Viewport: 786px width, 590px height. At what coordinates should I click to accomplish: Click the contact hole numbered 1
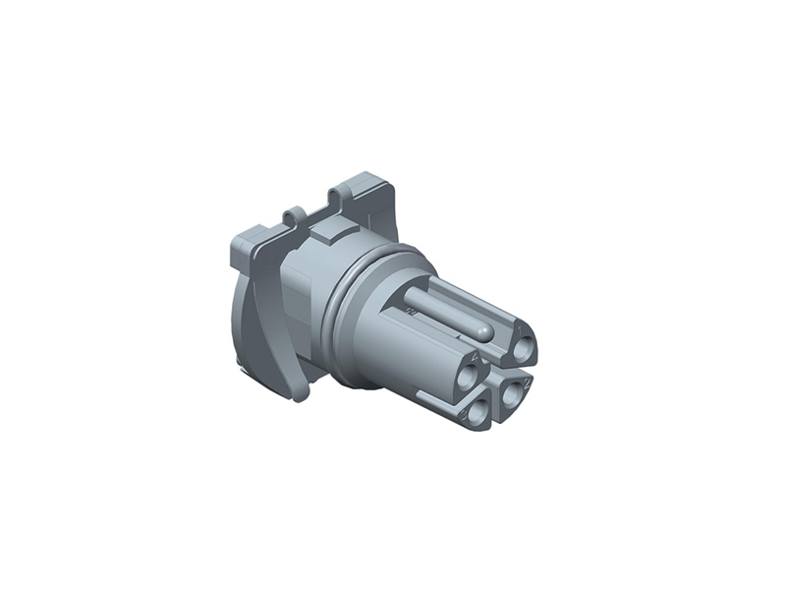point(524,346)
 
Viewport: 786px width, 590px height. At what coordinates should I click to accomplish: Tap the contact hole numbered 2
point(512,392)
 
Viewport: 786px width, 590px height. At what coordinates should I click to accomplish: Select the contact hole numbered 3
point(477,410)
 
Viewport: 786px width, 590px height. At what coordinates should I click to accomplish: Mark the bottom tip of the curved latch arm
point(294,394)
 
